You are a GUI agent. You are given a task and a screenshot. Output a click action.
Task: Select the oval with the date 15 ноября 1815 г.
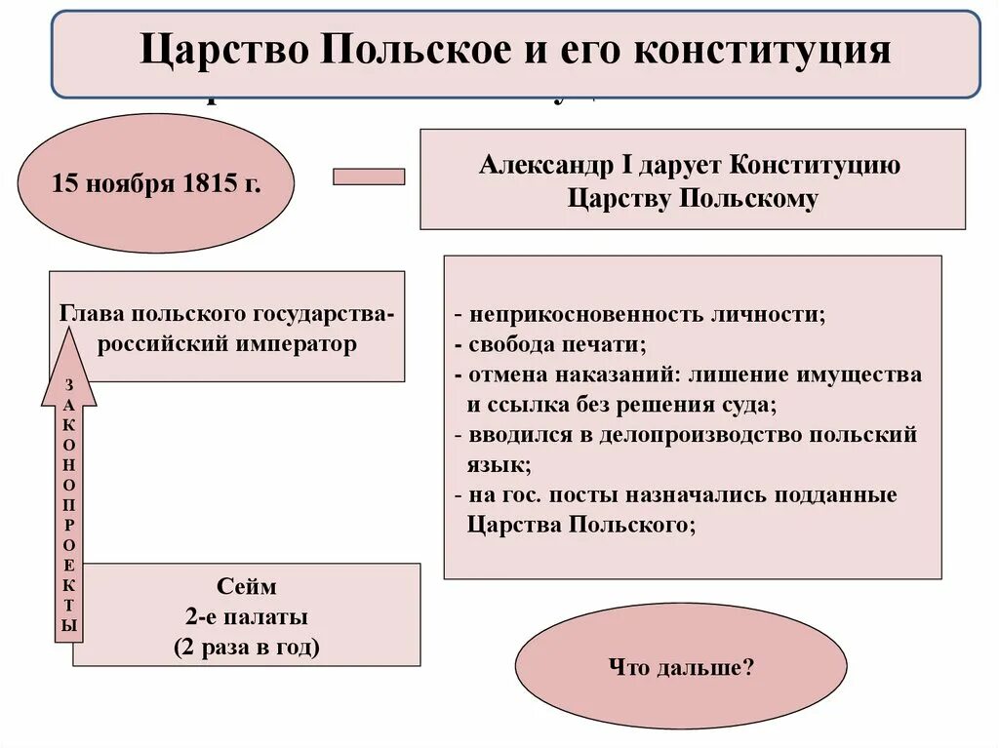tap(156, 183)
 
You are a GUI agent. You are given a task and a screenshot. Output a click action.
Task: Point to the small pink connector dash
tap(369, 177)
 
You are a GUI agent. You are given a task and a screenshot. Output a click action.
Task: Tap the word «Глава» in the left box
tap(94, 315)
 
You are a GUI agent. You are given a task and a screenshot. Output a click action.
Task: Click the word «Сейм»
tap(247, 587)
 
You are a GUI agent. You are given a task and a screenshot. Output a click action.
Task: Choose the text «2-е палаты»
tap(247, 616)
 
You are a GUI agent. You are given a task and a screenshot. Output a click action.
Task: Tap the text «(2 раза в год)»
tap(247, 647)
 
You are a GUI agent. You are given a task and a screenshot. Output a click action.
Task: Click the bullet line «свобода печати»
tap(556, 345)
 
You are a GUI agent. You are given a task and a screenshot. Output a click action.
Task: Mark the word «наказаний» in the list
tap(649, 374)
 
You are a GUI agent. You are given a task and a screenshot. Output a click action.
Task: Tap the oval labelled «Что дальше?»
tap(681, 670)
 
